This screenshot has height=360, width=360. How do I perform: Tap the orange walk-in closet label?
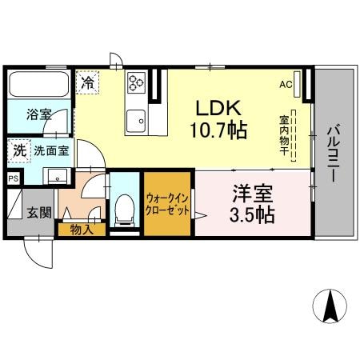coord(167,203)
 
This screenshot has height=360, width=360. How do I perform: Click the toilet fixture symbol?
coord(124,210)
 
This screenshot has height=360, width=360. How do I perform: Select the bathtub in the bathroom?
coord(38,84)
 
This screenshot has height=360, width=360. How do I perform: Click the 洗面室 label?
coord(50,150)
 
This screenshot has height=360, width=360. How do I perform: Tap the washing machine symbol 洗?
coord(18,150)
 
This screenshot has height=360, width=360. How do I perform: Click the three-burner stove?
coord(135,82)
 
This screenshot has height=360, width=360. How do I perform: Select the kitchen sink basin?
coord(135,120)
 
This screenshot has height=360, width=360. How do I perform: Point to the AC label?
coord(285,84)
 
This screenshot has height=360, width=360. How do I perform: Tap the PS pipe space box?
coord(13,179)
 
